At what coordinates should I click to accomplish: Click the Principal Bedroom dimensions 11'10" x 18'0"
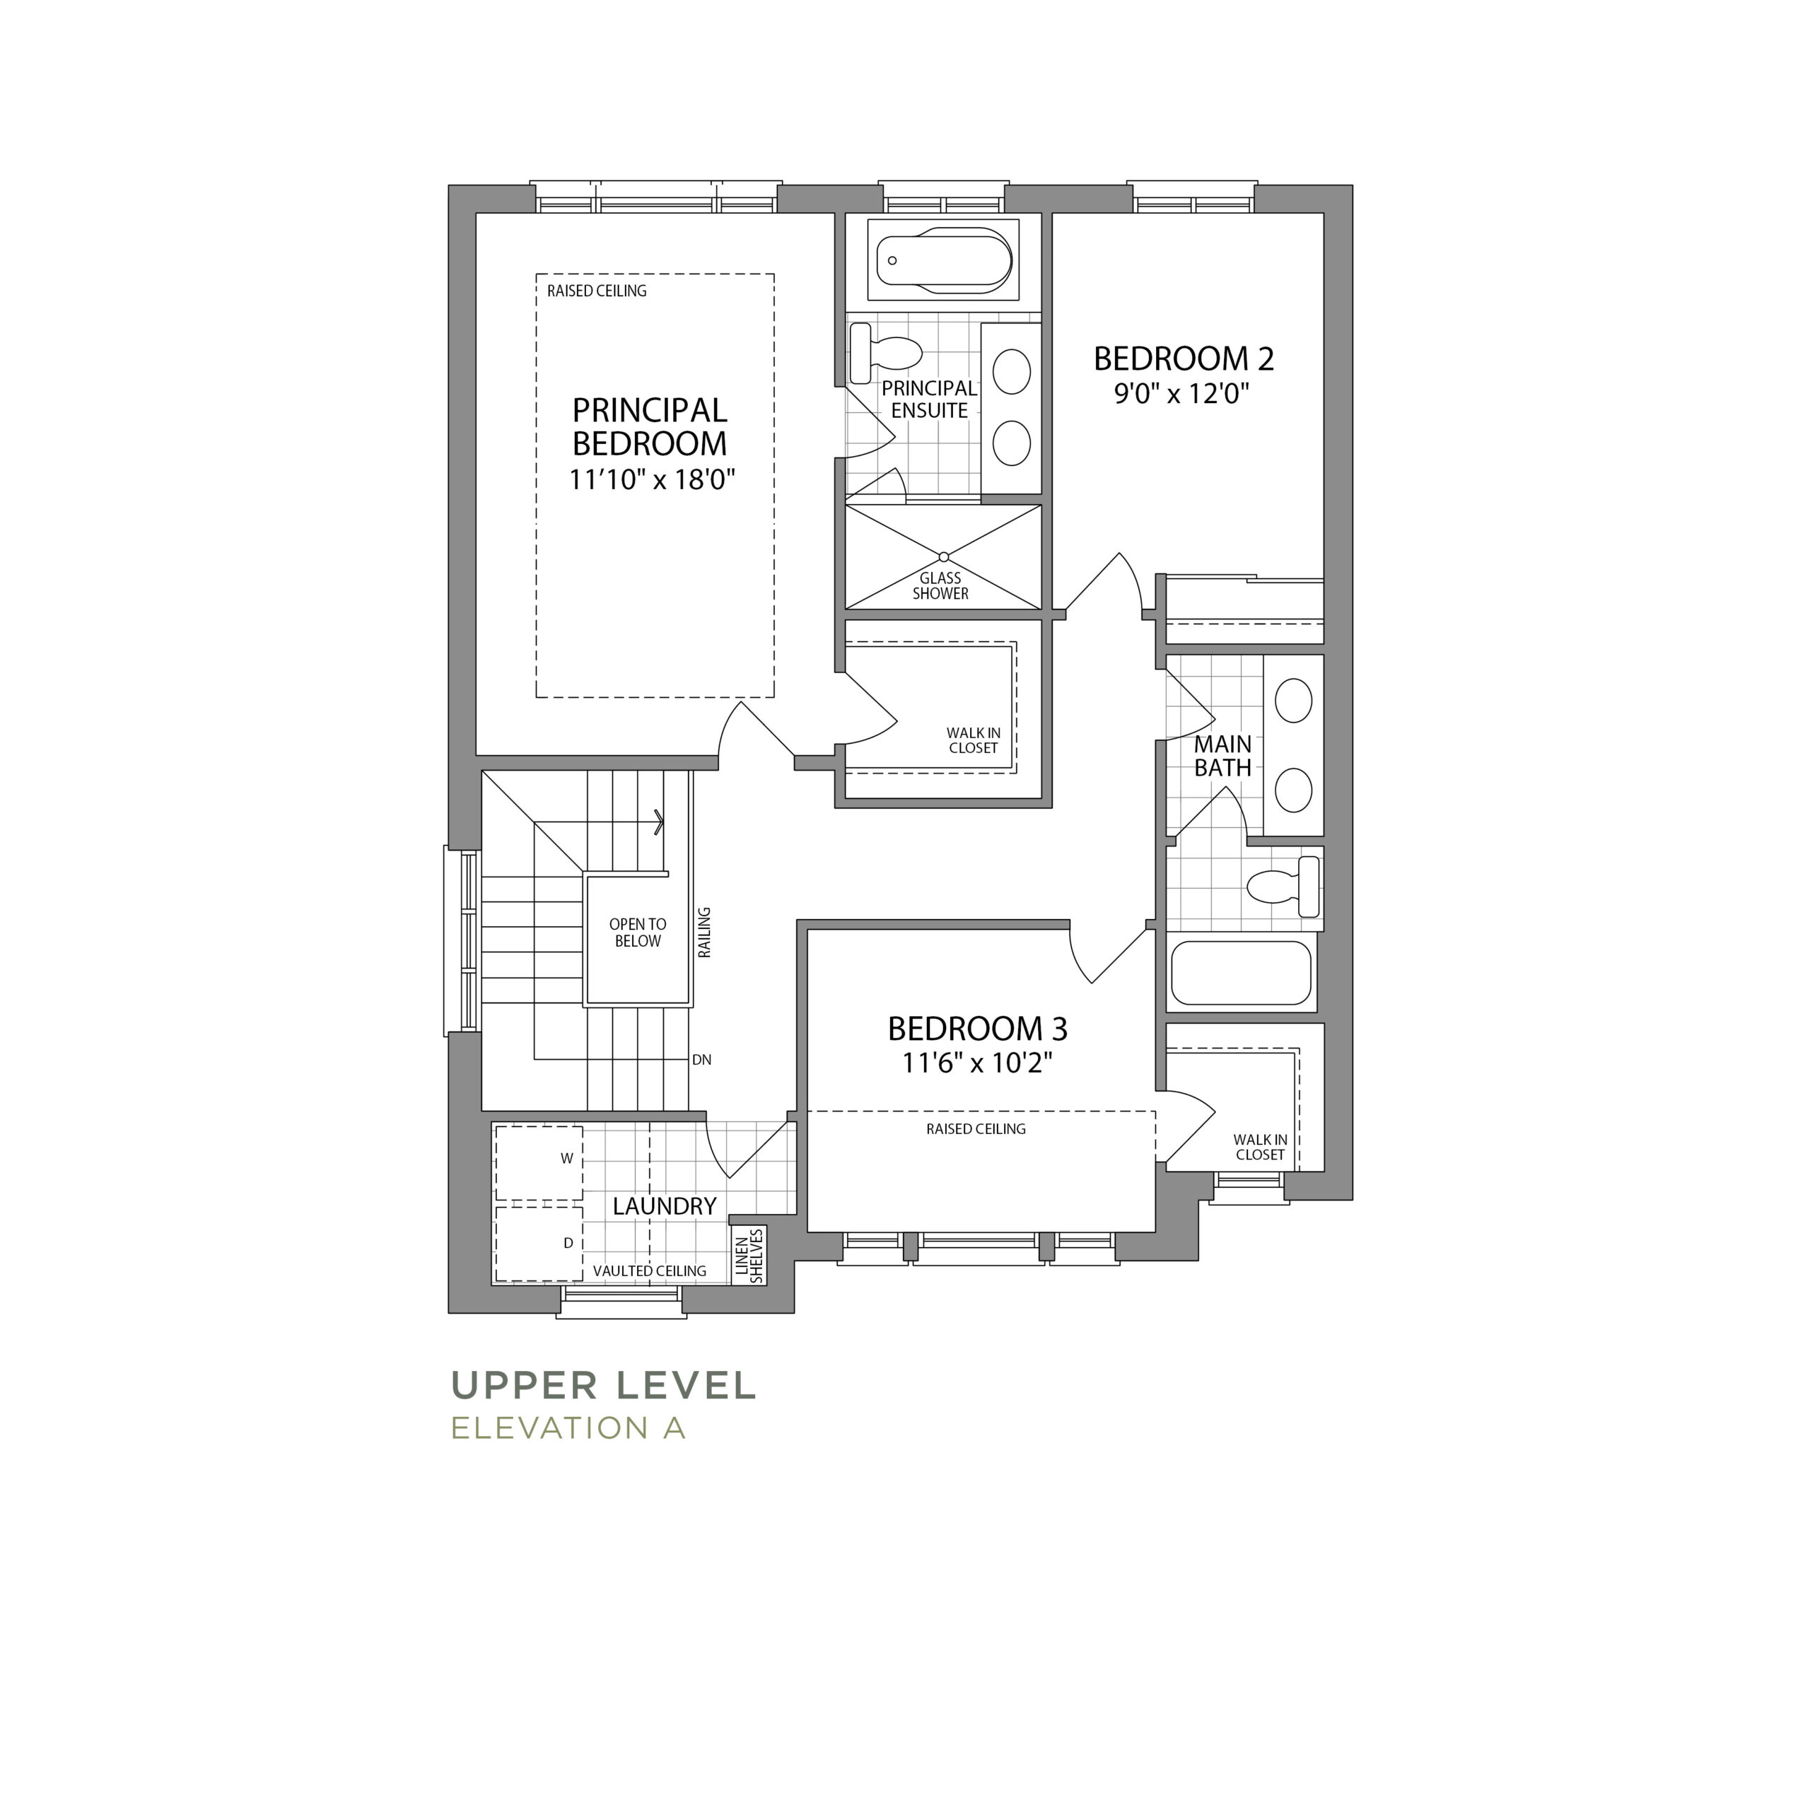point(652,479)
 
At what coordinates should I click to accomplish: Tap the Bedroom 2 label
point(1184,358)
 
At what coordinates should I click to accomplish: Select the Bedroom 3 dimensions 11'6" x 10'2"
point(977,1063)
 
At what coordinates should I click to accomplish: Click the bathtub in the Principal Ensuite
point(943,259)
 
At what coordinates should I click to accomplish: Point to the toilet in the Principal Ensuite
point(884,354)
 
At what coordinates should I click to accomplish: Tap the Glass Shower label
point(940,585)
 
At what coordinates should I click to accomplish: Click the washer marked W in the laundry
point(539,1162)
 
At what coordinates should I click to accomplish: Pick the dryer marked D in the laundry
point(539,1243)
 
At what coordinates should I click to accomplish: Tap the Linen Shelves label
point(749,1256)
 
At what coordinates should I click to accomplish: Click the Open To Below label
point(638,932)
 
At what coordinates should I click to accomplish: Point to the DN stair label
point(701,1060)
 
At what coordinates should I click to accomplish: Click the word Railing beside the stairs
point(704,932)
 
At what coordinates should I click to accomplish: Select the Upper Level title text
point(603,1386)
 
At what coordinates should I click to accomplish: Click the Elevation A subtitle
point(568,1427)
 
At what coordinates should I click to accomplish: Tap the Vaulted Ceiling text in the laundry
point(649,1271)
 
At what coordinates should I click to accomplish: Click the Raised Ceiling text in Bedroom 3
point(976,1129)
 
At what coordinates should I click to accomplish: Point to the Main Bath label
point(1222,756)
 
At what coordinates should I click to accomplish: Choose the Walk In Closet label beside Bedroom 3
point(1260,1148)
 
